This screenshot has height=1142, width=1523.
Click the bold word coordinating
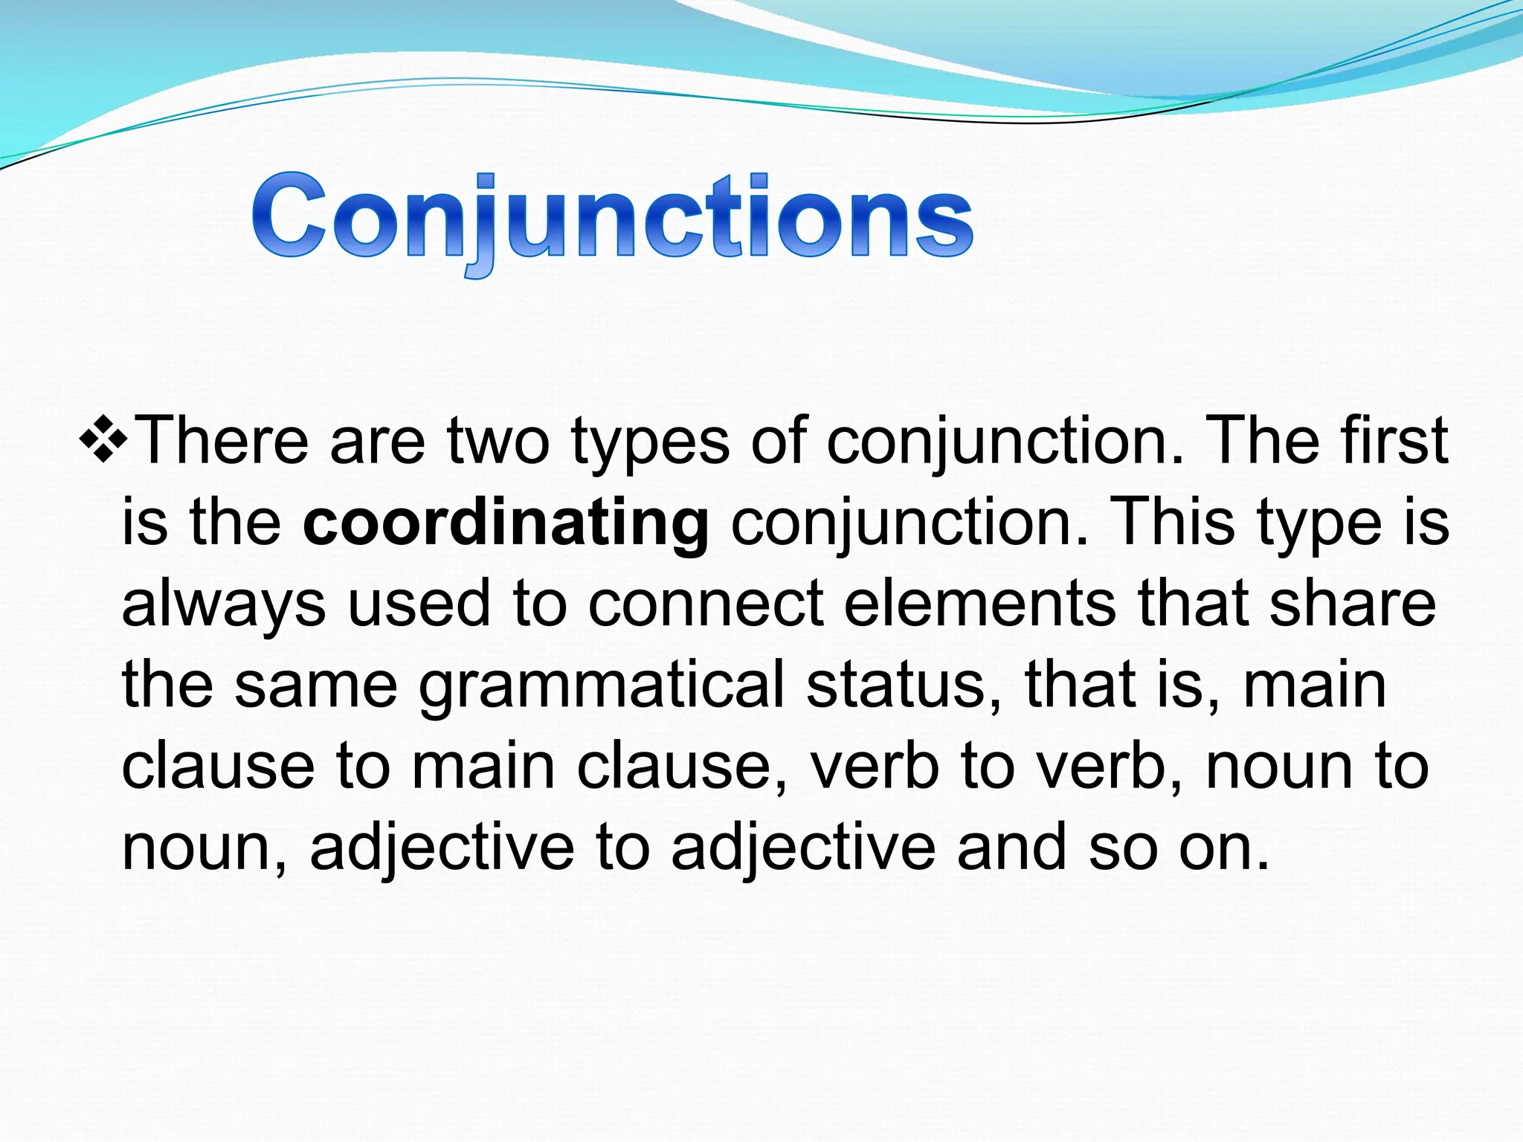point(506,524)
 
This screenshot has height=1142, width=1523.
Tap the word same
point(316,685)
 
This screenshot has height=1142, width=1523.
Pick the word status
point(903,685)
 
